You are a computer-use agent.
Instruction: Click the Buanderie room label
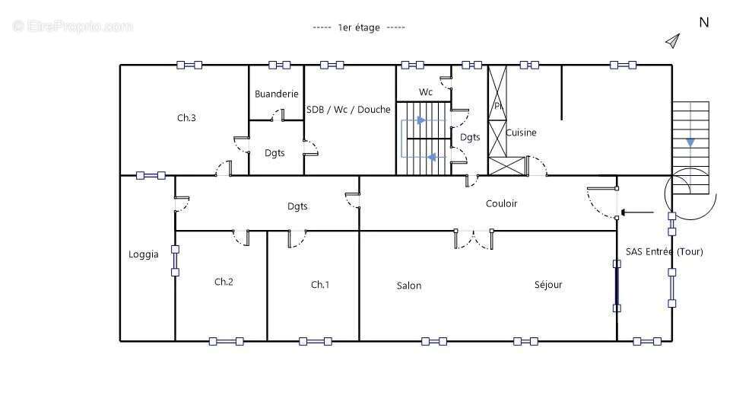276,94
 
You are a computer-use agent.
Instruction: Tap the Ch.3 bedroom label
186,117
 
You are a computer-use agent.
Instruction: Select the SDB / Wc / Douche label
348,109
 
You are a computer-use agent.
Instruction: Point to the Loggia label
144,254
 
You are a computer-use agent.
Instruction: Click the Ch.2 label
224,281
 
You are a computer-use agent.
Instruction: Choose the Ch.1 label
320,284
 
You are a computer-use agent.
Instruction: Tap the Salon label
409,285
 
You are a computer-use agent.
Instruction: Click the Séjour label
548,285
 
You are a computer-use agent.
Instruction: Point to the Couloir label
501,203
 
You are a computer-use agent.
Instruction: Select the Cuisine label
521,133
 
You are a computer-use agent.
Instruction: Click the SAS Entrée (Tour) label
665,251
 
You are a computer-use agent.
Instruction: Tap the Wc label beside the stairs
425,91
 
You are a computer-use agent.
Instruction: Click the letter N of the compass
704,23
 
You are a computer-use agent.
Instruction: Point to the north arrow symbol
672,41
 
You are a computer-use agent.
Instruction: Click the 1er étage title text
359,27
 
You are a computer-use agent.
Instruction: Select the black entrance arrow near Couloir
637,212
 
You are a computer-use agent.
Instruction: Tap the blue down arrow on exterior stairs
690,142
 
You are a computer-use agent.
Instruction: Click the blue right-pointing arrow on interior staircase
421,120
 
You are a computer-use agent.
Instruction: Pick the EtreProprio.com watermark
73,26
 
